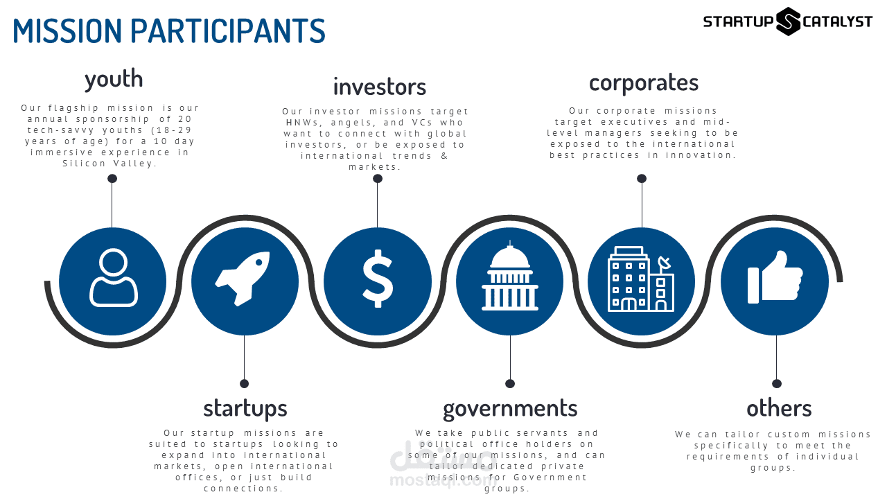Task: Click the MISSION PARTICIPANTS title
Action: point(169,31)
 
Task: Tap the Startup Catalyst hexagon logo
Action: point(788,21)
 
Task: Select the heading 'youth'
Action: point(114,79)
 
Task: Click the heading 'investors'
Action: point(379,87)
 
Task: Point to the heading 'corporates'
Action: point(643,82)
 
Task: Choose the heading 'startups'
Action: point(245,408)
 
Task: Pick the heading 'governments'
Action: point(510,408)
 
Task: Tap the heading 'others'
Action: point(779,408)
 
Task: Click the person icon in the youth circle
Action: point(113,279)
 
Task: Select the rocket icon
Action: point(243,279)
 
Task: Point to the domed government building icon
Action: point(510,277)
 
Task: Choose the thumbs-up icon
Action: point(775,279)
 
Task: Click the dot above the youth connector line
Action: point(112,179)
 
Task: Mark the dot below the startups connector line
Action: point(244,383)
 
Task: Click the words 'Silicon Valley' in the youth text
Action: point(109,164)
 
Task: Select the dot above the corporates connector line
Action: point(642,179)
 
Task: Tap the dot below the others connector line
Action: point(777,383)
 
